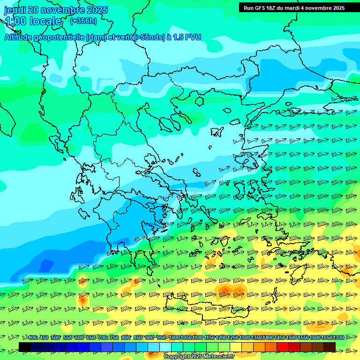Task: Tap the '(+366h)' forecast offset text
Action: pos(83,21)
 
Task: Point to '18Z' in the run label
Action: pos(272,8)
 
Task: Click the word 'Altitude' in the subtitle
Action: pos(21,37)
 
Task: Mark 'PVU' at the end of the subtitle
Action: pos(193,37)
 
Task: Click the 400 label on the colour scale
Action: pos(32,338)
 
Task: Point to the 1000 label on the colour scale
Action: pos(174,338)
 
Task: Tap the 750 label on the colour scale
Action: pos(114,338)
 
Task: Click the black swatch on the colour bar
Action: pos(25,347)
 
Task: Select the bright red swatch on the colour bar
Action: pos(283,347)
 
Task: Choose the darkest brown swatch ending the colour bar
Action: pos(330,347)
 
